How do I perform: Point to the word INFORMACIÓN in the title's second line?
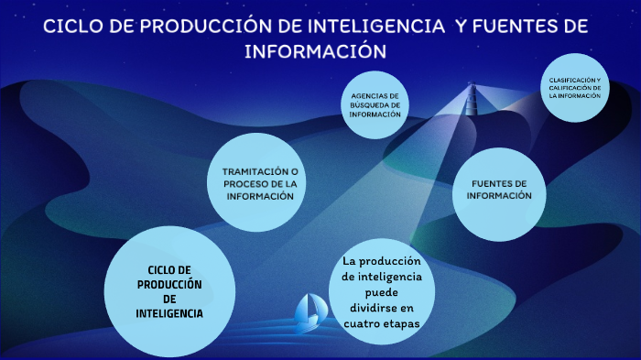[315, 50]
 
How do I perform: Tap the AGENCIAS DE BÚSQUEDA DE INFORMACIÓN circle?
[375, 106]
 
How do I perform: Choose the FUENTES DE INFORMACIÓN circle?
[500, 192]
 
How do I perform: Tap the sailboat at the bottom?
[307, 311]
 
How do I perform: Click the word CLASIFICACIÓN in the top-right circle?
[570, 81]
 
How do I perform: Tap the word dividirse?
[381, 308]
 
